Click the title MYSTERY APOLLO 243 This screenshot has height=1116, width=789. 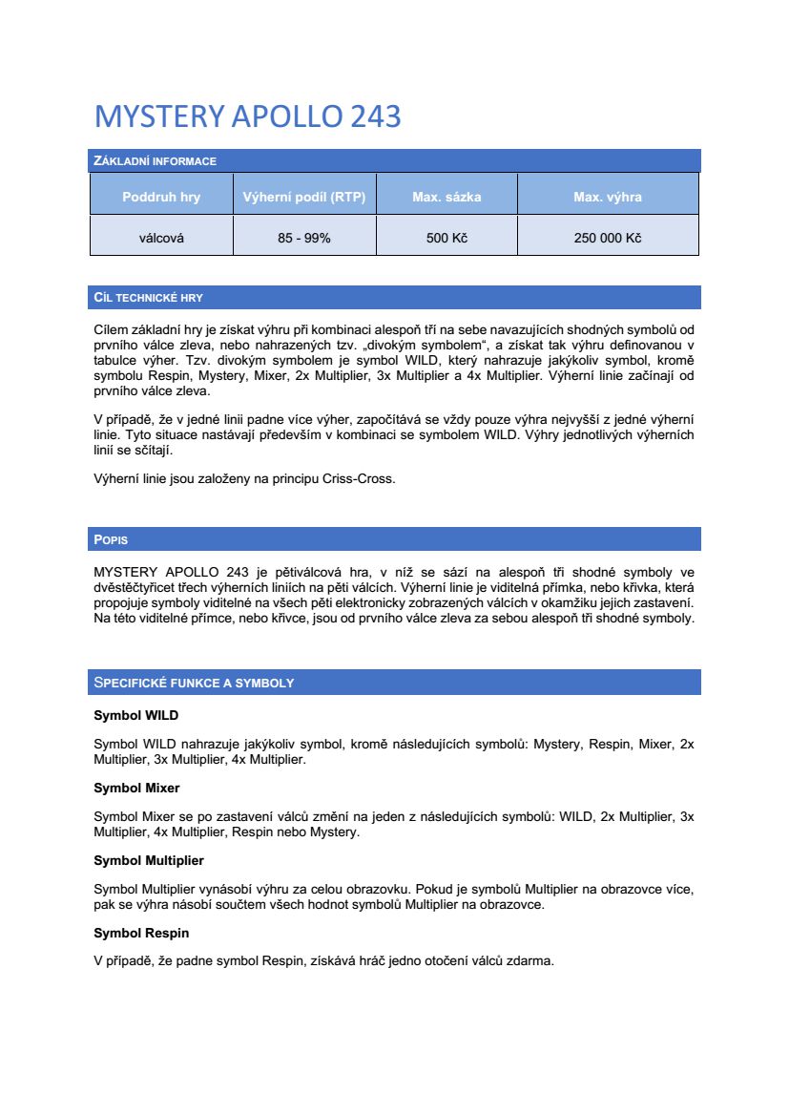pyautogui.click(x=247, y=116)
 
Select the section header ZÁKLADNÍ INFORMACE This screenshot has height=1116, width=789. pyautogui.click(x=155, y=160)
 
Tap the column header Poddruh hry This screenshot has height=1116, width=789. pyautogui.click(x=161, y=198)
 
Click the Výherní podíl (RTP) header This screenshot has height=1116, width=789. pyautogui.click(x=304, y=198)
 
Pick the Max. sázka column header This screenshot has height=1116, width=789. pyautogui.click(x=446, y=198)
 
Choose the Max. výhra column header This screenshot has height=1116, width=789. pyautogui.click(x=608, y=198)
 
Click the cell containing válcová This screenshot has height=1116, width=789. pyautogui.click(x=161, y=238)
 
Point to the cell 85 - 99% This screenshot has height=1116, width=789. pyautogui.click(x=304, y=238)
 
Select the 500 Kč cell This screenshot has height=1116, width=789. pyautogui.click(x=446, y=238)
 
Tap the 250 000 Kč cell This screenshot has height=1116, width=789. pyautogui.click(x=608, y=238)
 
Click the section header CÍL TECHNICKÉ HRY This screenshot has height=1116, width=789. pyautogui.click(x=148, y=298)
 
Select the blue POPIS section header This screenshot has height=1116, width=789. pyautogui.click(x=111, y=539)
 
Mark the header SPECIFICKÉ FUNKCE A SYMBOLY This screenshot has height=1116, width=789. pyautogui.click(x=194, y=683)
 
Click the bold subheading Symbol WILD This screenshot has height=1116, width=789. pyautogui.click(x=135, y=715)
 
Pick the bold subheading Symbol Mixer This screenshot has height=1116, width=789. pyautogui.click(x=136, y=788)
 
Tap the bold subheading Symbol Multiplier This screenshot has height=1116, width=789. pyautogui.click(x=148, y=860)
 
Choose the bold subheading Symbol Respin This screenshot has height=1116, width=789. pyautogui.click(x=141, y=933)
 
